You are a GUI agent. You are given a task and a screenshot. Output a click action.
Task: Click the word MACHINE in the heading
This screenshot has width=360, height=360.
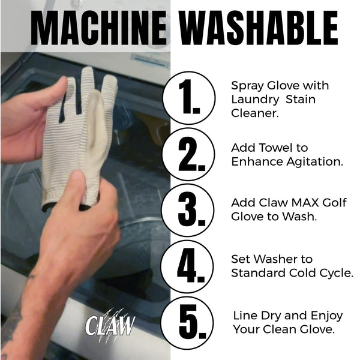[98, 28]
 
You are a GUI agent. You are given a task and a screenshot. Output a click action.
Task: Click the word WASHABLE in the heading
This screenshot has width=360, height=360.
[259, 28]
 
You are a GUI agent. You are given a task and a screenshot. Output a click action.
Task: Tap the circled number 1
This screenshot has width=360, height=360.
[189, 98]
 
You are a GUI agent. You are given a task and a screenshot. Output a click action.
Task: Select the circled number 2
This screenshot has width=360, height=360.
[188, 154]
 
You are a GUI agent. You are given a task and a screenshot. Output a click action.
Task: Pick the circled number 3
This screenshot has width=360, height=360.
[188, 211]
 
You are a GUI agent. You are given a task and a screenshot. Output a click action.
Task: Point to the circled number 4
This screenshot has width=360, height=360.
[187, 266]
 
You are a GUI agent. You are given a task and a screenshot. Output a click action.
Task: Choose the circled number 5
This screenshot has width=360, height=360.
[187, 323]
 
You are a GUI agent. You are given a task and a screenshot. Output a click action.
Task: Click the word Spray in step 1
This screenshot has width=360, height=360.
[247, 86]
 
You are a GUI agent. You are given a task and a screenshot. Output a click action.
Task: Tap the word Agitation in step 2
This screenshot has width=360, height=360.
[314, 163]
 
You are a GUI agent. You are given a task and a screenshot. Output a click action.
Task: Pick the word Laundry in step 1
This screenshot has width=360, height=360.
[255, 100]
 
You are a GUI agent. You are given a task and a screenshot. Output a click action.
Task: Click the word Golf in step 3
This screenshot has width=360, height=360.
[335, 203]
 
